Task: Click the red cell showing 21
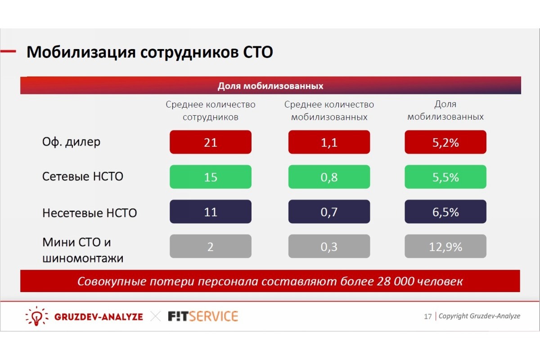pyautogui.click(x=211, y=142)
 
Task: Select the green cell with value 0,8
pyautogui.click(x=329, y=177)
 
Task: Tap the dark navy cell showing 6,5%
pyautogui.click(x=445, y=211)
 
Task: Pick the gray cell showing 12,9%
pyautogui.click(x=445, y=246)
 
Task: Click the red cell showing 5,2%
pyautogui.click(x=445, y=142)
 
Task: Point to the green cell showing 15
pyautogui.click(x=211, y=177)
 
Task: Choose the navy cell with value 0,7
pyautogui.click(x=329, y=211)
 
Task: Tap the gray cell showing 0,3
pyautogui.click(x=329, y=246)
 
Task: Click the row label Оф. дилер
pyautogui.click(x=71, y=142)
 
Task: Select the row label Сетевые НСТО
pyautogui.click(x=83, y=176)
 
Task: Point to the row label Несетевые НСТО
pyautogui.click(x=90, y=213)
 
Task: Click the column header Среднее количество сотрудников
pyautogui.click(x=211, y=111)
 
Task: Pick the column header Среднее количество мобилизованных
pyautogui.click(x=329, y=111)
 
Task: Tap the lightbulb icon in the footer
pyautogui.click(x=36, y=316)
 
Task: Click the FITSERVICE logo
pyautogui.click(x=203, y=316)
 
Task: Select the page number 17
pyautogui.click(x=427, y=316)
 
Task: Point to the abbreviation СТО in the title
pyautogui.click(x=258, y=52)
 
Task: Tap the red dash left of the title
pyautogui.click(x=8, y=51)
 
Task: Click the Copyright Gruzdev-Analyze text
pyautogui.click(x=479, y=316)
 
